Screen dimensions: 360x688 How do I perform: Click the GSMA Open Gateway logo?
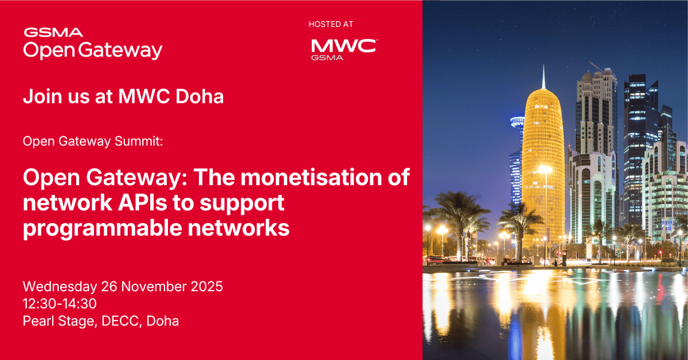pos(92,44)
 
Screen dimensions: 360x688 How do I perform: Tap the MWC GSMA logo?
pos(343,49)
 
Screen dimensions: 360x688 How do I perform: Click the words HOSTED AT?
pos(331,24)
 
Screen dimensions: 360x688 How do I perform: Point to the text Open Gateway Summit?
pos(93,141)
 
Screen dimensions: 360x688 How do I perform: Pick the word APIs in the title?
pos(129,203)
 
